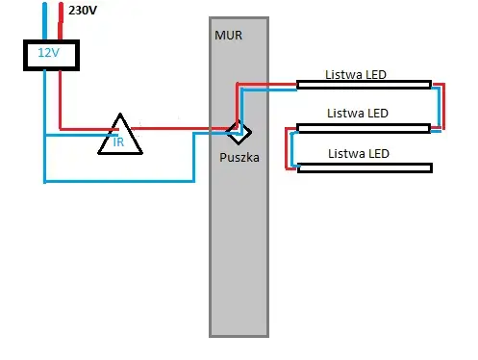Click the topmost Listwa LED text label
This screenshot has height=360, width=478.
pyautogui.click(x=357, y=72)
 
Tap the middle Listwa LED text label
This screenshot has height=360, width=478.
pyautogui.click(x=358, y=113)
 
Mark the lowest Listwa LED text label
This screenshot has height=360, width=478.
pyautogui.click(x=359, y=153)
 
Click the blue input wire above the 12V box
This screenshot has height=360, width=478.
pyautogui.click(x=43, y=19)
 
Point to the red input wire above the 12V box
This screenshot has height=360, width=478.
pyautogui.click(x=61, y=19)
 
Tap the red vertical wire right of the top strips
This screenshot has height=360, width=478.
pyautogui.click(x=444, y=106)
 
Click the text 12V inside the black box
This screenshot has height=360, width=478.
pyautogui.click(x=47, y=54)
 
